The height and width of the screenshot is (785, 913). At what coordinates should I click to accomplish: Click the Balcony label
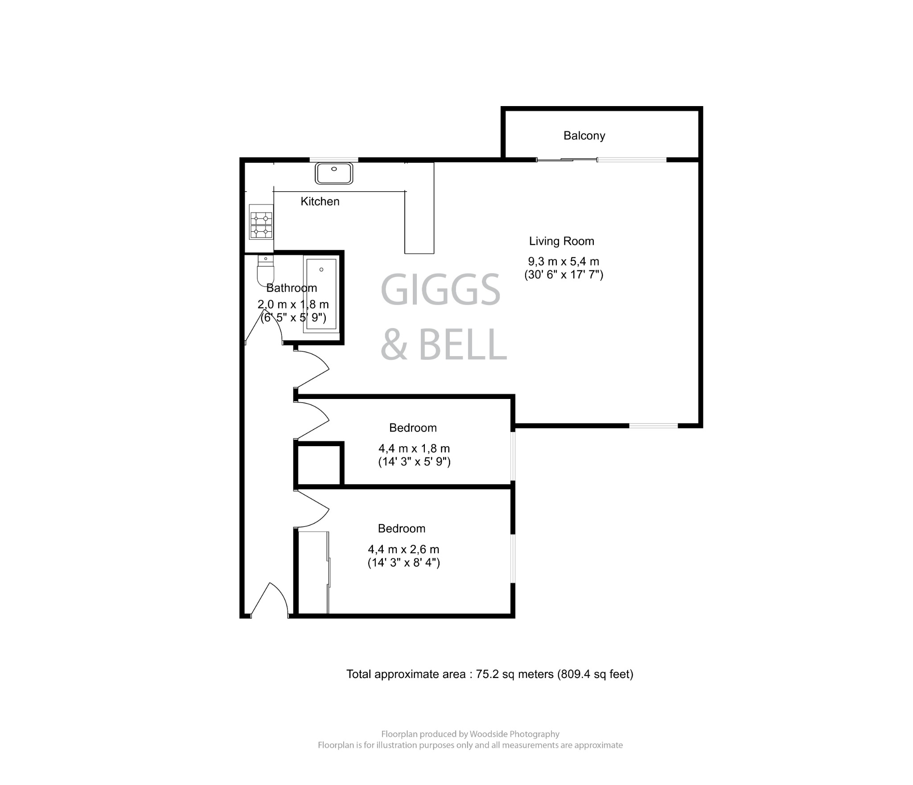pyautogui.click(x=584, y=136)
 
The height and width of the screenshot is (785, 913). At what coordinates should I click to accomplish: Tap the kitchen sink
pyautogui.click(x=334, y=173)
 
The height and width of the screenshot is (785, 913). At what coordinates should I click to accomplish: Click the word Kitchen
pyautogui.click(x=320, y=201)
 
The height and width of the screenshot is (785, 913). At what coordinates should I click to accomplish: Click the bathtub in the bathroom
pyautogui.click(x=321, y=294)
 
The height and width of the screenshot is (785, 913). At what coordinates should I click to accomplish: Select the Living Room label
pyautogui.click(x=561, y=241)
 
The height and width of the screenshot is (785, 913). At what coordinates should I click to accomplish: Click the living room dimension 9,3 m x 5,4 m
pyautogui.click(x=563, y=262)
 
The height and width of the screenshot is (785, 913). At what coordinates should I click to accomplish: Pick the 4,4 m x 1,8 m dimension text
pyautogui.click(x=414, y=448)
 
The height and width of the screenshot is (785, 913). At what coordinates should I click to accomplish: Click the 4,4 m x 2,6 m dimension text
pyautogui.click(x=403, y=549)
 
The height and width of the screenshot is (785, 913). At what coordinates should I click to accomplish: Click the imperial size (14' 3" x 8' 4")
pyautogui.click(x=403, y=563)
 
